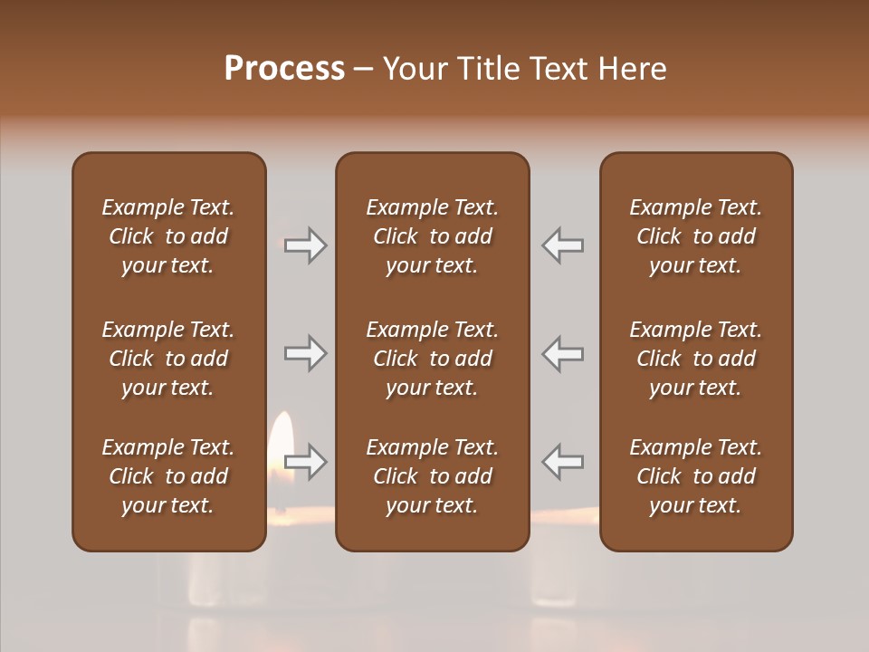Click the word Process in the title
point(284,69)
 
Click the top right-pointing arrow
point(306,245)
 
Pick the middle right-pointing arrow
point(306,354)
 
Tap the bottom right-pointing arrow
point(306,462)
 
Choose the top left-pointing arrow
point(562,245)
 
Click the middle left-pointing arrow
point(562,354)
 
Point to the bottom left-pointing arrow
point(562,462)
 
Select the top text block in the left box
point(168,236)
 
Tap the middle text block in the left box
point(168,359)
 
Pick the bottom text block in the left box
point(168,476)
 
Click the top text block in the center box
point(432,236)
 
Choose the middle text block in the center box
point(432,359)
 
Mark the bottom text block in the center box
point(432,476)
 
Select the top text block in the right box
point(696,236)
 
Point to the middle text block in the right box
point(696,359)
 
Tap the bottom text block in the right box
point(696,476)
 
